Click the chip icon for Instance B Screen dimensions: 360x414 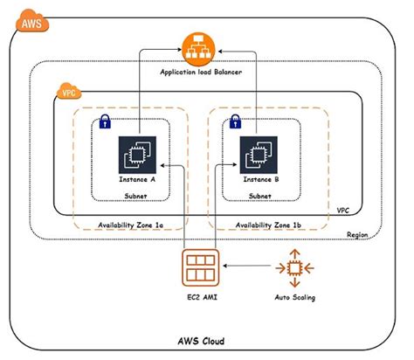(x=259, y=153)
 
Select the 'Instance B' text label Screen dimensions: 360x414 (x=259, y=179)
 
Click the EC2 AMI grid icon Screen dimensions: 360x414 (x=201, y=267)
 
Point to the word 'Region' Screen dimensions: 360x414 (x=358, y=234)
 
